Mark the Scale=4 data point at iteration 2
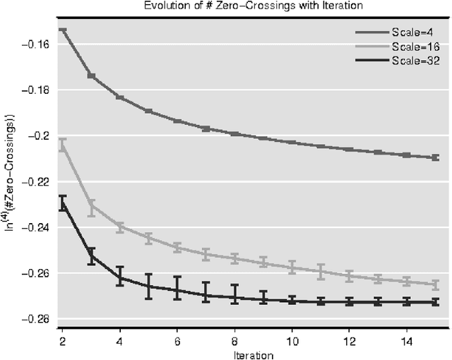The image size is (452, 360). coord(63,30)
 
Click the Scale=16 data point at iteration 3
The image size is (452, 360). coord(91,208)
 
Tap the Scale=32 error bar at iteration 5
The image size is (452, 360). coord(148,287)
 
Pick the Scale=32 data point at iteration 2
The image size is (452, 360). coord(63,203)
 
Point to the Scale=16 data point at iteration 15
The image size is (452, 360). coord(435,284)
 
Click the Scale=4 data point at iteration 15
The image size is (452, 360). coord(435,157)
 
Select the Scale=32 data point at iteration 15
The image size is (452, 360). coord(435,301)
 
